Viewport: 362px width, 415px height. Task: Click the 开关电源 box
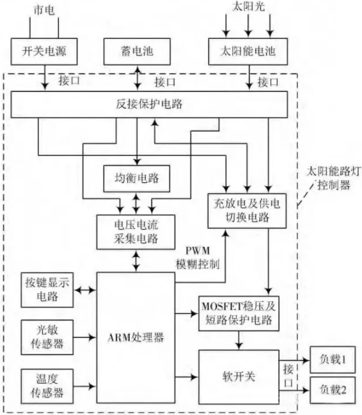pyautogui.click(x=44, y=51)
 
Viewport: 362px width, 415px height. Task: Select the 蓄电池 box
pyautogui.click(x=137, y=51)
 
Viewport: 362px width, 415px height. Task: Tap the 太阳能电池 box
pyautogui.click(x=248, y=51)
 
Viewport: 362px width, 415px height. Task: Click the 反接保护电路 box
pyautogui.click(x=149, y=104)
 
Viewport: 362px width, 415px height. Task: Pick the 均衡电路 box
pyautogui.click(x=137, y=178)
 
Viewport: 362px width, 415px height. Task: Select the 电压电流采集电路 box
pyautogui.click(x=136, y=232)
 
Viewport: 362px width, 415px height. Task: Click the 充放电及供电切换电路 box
pyautogui.click(x=247, y=211)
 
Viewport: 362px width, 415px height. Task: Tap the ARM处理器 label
pyautogui.click(x=136, y=338)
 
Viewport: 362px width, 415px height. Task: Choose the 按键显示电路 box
pyautogui.click(x=47, y=290)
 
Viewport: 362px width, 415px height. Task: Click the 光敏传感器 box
pyautogui.click(x=47, y=337)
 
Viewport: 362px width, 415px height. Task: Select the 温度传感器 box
pyautogui.click(x=47, y=386)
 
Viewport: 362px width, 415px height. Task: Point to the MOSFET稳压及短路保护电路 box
pyautogui.click(x=239, y=313)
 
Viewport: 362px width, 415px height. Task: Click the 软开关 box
pyautogui.click(x=239, y=377)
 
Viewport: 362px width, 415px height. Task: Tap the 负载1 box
pyautogui.click(x=333, y=359)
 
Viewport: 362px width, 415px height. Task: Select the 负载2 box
pyautogui.click(x=333, y=390)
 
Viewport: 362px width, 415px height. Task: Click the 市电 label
pyautogui.click(x=44, y=10)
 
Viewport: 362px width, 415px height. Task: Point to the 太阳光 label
pyautogui.click(x=248, y=6)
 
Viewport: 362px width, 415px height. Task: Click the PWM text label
pyautogui.click(x=198, y=251)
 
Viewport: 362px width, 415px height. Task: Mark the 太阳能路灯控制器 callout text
pyautogui.click(x=333, y=178)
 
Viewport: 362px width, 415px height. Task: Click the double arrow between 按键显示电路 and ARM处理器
pyautogui.click(x=85, y=290)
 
